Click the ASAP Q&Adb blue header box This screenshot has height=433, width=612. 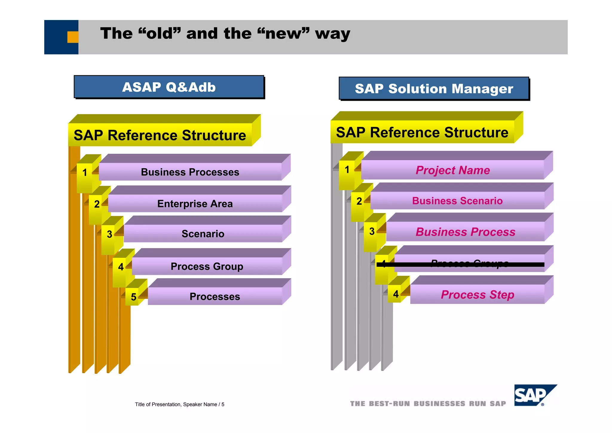click(x=169, y=87)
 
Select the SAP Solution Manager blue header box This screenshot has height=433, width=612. click(x=434, y=89)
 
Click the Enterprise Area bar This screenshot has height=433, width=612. click(x=195, y=204)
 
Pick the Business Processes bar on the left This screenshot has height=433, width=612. click(x=190, y=172)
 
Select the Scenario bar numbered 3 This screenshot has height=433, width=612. click(x=203, y=234)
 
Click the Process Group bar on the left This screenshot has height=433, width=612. click(x=207, y=266)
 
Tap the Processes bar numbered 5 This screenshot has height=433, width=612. click(x=215, y=296)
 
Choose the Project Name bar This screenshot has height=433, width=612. click(x=452, y=170)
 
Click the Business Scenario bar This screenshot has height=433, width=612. click(x=457, y=201)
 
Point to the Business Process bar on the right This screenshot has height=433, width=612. click(x=465, y=232)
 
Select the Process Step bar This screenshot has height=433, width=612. click(x=477, y=295)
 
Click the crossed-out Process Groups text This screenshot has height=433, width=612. click(x=469, y=263)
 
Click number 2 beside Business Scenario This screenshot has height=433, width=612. click(x=359, y=201)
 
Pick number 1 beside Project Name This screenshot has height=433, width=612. click(x=347, y=170)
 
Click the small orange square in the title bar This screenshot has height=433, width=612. click(x=73, y=37)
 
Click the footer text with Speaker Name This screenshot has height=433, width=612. click(x=180, y=404)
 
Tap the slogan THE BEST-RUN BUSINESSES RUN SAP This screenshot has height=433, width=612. click(x=428, y=404)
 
